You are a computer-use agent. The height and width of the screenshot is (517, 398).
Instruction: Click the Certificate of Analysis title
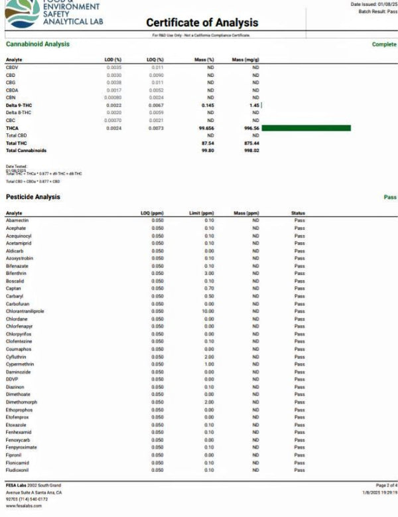[202, 23]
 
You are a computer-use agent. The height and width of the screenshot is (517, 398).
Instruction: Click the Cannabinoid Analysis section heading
[37, 44]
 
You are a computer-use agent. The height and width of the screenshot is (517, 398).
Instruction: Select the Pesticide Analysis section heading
[33, 197]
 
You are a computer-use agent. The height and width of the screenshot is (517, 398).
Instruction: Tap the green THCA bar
[306, 127]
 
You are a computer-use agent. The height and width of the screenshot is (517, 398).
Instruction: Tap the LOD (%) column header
[113, 60]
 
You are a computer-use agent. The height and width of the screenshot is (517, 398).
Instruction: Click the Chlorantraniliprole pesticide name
[25, 311]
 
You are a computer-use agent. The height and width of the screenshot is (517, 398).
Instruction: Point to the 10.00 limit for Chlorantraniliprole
[208, 311]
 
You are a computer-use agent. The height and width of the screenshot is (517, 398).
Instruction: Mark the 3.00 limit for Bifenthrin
[209, 273]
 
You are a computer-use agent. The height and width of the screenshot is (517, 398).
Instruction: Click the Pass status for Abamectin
[299, 220]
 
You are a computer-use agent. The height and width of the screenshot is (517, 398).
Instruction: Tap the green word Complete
[384, 44]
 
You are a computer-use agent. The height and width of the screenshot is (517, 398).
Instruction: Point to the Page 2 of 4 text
[384, 486]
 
